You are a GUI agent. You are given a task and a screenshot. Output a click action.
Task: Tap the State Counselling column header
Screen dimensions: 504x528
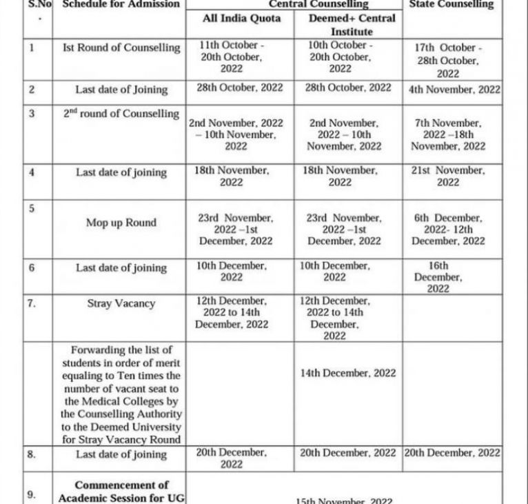451,4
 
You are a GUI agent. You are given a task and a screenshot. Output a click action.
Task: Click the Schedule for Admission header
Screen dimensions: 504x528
121,4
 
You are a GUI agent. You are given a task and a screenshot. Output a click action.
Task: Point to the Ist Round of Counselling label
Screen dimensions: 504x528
121,48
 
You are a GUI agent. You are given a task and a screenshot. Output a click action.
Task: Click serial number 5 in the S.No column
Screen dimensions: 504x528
32,208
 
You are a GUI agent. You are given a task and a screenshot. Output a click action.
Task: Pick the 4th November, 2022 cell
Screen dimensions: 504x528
454,89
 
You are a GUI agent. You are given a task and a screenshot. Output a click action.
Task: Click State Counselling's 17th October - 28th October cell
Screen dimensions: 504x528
448,61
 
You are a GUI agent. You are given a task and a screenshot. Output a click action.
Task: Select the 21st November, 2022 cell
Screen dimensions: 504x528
448,176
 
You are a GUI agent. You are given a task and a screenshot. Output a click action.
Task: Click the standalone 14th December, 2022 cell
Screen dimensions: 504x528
348,373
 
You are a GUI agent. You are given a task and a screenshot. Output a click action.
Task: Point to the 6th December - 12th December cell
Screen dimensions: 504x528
448,230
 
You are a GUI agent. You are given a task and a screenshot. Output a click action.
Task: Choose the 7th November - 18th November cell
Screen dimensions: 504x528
448,134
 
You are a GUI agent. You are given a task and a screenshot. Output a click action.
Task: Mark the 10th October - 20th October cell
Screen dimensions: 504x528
339,57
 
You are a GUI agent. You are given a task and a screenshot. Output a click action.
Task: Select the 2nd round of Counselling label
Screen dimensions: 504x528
121,114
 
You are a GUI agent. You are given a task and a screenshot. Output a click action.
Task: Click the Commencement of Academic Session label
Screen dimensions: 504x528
121,492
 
